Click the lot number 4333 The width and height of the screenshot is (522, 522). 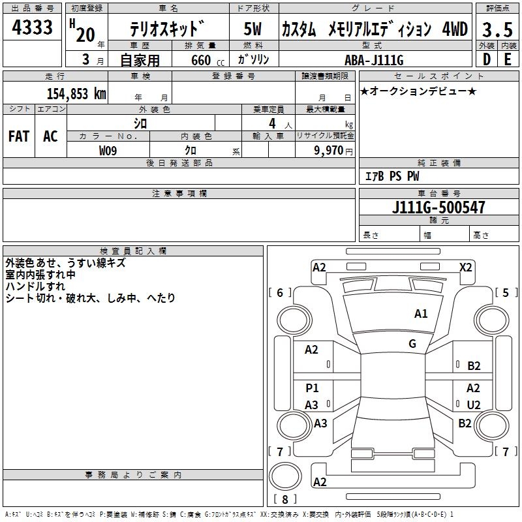click(x=32, y=28)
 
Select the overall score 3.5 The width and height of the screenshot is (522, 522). click(x=497, y=30)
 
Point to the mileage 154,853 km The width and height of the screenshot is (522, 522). click(x=76, y=93)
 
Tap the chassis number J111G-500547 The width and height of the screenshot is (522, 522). click(x=438, y=207)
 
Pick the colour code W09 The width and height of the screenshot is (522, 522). click(x=108, y=151)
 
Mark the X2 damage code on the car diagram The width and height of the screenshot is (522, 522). click(x=466, y=267)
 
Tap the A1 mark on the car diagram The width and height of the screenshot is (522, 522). click(x=421, y=314)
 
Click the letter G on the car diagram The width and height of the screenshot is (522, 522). click(x=412, y=344)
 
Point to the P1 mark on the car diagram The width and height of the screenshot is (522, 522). click(x=312, y=388)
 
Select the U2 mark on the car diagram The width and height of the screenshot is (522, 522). click(x=474, y=405)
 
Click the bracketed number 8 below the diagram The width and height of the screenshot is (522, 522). click(x=284, y=500)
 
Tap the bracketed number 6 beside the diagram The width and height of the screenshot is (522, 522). click(x=281, y=292)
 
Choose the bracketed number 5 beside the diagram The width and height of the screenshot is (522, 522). click(x=506, y=292)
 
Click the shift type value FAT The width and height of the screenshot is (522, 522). click(x=18, y=136)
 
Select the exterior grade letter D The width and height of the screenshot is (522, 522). click(x=486, y=59)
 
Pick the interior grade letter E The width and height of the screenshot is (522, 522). click(x=507, y=59)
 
